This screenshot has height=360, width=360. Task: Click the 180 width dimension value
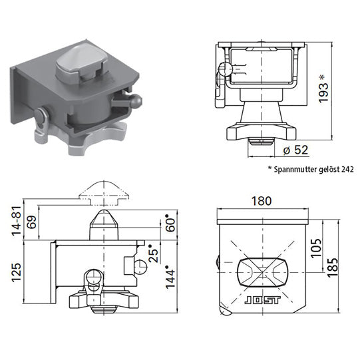coord(264,200)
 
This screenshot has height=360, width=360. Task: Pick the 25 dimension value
coord(154,254)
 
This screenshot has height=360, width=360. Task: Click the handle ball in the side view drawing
coord(140,265)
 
